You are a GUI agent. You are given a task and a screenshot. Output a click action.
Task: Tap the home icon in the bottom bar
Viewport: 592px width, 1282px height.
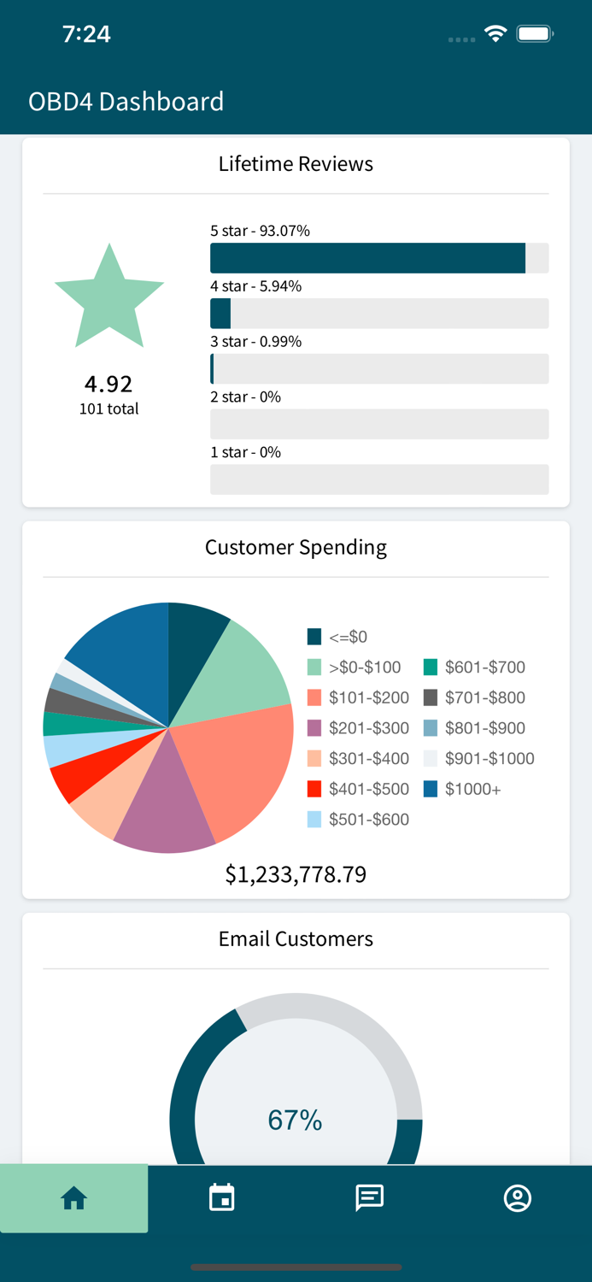74,1198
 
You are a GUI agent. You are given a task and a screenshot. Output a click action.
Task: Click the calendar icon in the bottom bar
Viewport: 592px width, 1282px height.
222,1198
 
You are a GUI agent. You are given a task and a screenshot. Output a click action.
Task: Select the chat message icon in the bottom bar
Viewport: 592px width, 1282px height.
369,1198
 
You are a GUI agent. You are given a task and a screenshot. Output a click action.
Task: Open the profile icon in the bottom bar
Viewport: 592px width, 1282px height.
518,1198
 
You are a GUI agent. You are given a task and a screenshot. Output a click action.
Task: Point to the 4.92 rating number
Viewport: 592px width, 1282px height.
108,384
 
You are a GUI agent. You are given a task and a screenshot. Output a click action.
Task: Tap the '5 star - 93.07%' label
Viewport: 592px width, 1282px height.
260,231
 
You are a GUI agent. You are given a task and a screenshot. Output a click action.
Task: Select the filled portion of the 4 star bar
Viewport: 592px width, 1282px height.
220,314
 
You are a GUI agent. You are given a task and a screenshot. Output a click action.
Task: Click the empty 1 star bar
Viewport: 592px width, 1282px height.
379,479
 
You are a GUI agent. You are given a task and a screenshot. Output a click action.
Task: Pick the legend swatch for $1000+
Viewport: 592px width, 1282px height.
431,789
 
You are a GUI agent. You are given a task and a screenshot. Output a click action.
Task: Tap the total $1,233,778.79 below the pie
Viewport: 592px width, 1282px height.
296,874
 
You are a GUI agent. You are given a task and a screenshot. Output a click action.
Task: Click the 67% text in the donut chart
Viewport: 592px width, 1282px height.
295,1120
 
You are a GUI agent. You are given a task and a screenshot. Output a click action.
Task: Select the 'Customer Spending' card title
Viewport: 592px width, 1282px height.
296,547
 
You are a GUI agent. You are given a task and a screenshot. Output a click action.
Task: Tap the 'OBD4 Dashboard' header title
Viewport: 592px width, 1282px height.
126,102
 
